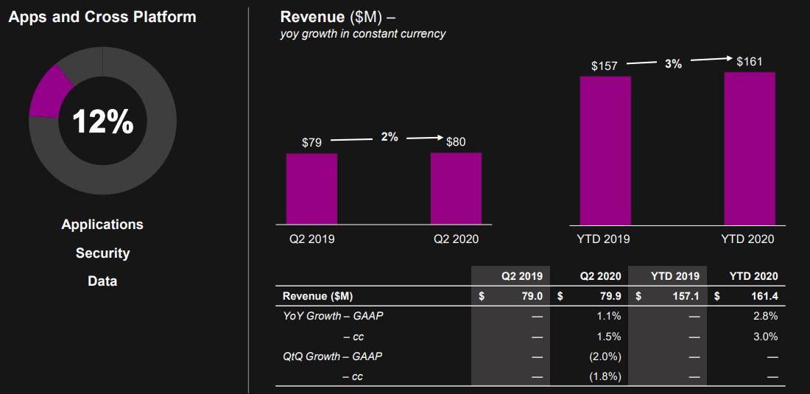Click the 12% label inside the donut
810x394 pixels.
click(x=102, y=122)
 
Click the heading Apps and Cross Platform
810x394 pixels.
click(x=102, y=16)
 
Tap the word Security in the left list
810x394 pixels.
click(x=102, y=253)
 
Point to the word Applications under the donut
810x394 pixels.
click(x=102, y=225)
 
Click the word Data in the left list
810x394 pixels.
click(x=102, y=281)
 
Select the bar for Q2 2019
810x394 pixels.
click(x=311, y=189)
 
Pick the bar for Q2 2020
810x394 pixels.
click(x=456, y=189)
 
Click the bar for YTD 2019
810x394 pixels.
click(x=605, y=151)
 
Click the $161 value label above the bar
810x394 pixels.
click(x=750, y=62)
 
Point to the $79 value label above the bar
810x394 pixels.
click(x=311, y=142)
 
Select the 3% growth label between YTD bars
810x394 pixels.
click(x=673, y=64)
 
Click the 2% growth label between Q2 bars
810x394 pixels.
click(x=390, y=137)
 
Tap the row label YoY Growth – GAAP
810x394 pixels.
click(x=333, y=316)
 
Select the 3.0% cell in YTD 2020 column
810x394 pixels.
click(x=765, y=337)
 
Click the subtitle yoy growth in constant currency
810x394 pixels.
click(x=363, y=34)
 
